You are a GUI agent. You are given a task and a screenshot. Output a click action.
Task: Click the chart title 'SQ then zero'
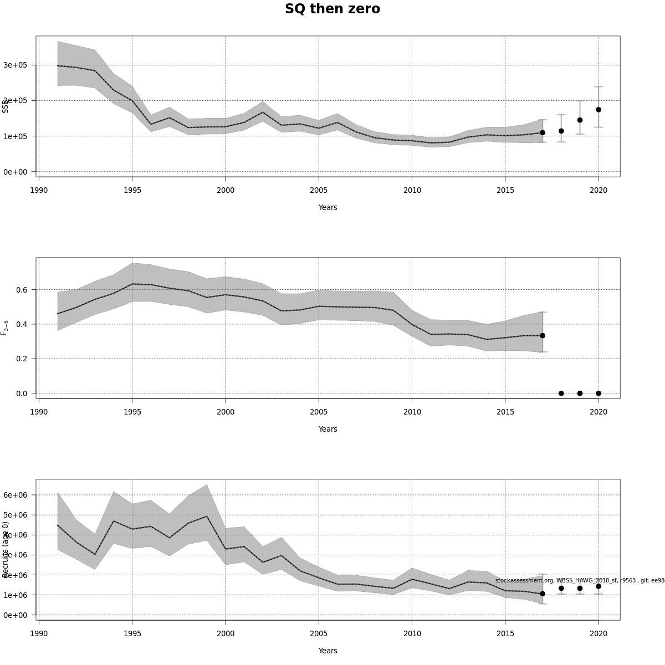pyautogui.click(x=332, y=9)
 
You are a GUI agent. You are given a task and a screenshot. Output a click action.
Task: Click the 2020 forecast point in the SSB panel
pyautogui.click(x=598, y=110)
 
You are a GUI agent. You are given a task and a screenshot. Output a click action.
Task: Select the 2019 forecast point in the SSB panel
pyautogui.click(x=580, y=120)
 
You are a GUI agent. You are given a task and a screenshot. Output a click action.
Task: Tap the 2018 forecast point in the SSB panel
pyautogui.click(x=561, y=131)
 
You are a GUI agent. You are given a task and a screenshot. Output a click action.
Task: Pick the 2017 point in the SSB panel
pyautogui.click(x=543, y=132)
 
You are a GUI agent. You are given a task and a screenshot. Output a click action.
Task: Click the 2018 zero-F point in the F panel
pyautogui.click(x=561, y=393)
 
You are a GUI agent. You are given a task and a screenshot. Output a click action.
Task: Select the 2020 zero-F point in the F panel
pyautogui.click(x=598, y=393)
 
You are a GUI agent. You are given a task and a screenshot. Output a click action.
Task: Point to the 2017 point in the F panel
pyautogui.click(x=543, y=336)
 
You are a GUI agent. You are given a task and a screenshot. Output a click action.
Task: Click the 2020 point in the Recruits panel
pyautogui.click(x=598, y=586)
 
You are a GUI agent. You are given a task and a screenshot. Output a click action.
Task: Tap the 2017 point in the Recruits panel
pyautogui.click(x=543, y=594)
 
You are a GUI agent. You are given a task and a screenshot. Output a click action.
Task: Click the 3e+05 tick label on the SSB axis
pyautogui.click(x=16, y=65)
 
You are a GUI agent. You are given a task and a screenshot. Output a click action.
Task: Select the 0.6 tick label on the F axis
pyautogui.click(x=22, y=290)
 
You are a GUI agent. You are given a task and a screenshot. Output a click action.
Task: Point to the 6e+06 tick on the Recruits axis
pyautogui.click(x=16, y=495)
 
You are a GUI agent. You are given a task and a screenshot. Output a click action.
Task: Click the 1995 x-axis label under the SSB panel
pyautogui.click(x=132, y=190)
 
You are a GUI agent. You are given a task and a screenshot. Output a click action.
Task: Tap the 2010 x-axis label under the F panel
pyautogui.click(x=412, y=412)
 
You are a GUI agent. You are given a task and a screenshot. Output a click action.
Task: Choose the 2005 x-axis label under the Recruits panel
pyautogui.click(x=319, y=633)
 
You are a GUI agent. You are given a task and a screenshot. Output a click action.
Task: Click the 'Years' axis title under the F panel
pyautogui.click(x=328, y=429)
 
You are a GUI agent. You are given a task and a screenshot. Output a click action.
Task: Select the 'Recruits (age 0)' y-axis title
pyautogui.click(x=6, y=549)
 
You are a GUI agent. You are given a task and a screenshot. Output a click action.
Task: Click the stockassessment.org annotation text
pyautogui.click(x=579, y=580)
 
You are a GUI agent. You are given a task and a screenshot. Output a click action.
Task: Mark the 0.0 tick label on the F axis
pyautogui.click(x=22, y=393)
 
